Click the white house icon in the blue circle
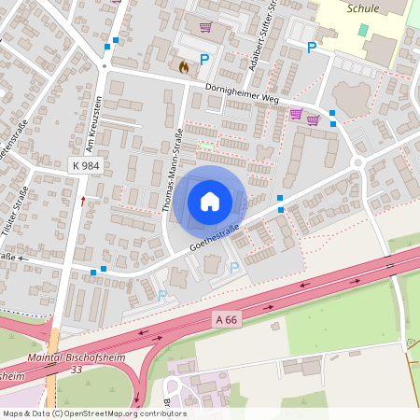210,201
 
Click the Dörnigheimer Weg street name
245,94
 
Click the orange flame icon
183,66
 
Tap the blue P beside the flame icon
204,59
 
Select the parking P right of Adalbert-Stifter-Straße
312,47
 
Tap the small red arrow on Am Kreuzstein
82,200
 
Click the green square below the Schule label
363,30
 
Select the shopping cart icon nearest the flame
205,27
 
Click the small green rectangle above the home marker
206,146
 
